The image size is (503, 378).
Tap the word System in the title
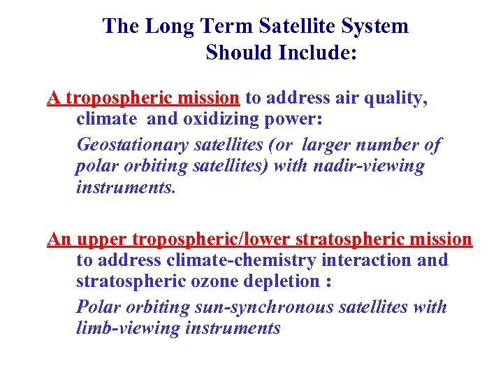click(376, 27)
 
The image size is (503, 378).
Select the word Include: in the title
click(320, 53)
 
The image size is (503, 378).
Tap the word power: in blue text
click(295, 120)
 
